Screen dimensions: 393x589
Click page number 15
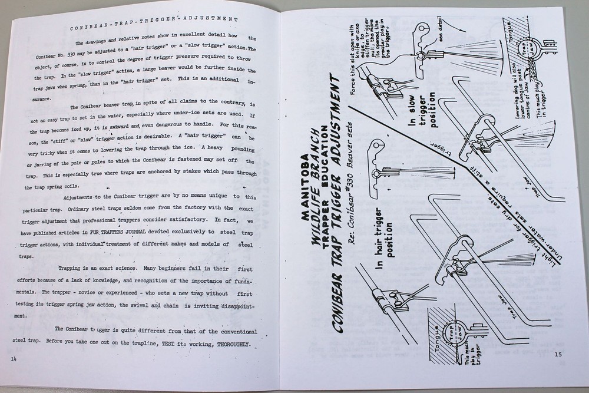(x=558, y=354)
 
